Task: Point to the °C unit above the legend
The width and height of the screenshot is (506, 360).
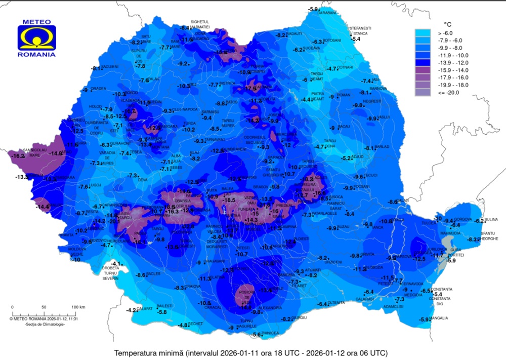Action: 447,24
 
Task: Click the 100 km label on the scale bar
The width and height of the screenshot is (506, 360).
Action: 78,307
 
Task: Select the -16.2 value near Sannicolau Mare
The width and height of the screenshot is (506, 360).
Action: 17,156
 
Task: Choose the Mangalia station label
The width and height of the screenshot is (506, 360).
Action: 439,318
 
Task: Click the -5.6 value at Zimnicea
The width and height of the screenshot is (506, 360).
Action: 257,335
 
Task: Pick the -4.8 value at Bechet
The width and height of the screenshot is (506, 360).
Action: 183,325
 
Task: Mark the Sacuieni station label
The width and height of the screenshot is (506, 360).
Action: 110,66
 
